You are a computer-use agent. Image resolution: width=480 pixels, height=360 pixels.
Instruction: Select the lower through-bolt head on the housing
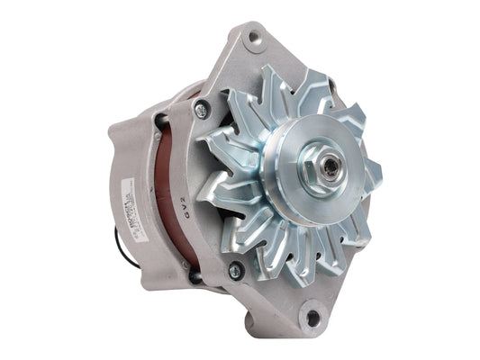236,269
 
